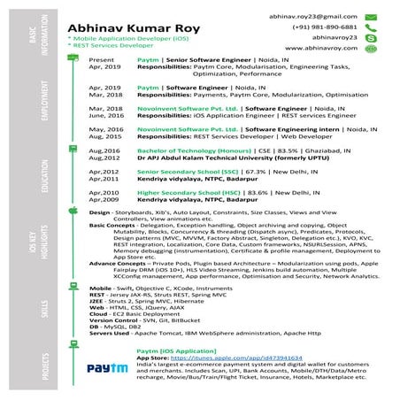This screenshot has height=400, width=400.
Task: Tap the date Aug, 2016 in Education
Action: tap(104, 150)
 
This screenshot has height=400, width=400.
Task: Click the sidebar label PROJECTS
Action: tap(33, 367)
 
